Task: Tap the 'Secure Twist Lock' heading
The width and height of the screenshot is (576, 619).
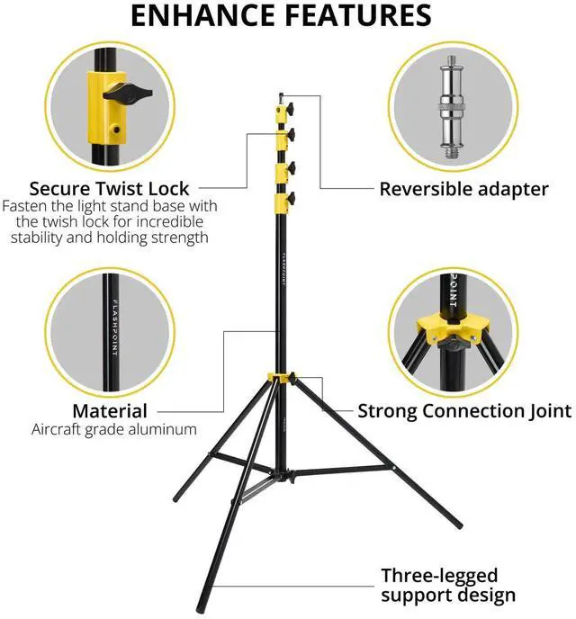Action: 109,189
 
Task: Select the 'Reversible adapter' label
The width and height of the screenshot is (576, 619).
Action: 463,189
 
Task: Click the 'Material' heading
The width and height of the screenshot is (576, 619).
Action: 110,411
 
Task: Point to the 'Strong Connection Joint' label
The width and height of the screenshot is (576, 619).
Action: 464,411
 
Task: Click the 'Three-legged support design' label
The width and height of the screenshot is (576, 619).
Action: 448,586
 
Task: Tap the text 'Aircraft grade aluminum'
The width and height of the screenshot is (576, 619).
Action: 113,430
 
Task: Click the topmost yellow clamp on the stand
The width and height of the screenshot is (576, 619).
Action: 282,110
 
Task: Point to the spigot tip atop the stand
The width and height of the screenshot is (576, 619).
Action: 281,94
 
